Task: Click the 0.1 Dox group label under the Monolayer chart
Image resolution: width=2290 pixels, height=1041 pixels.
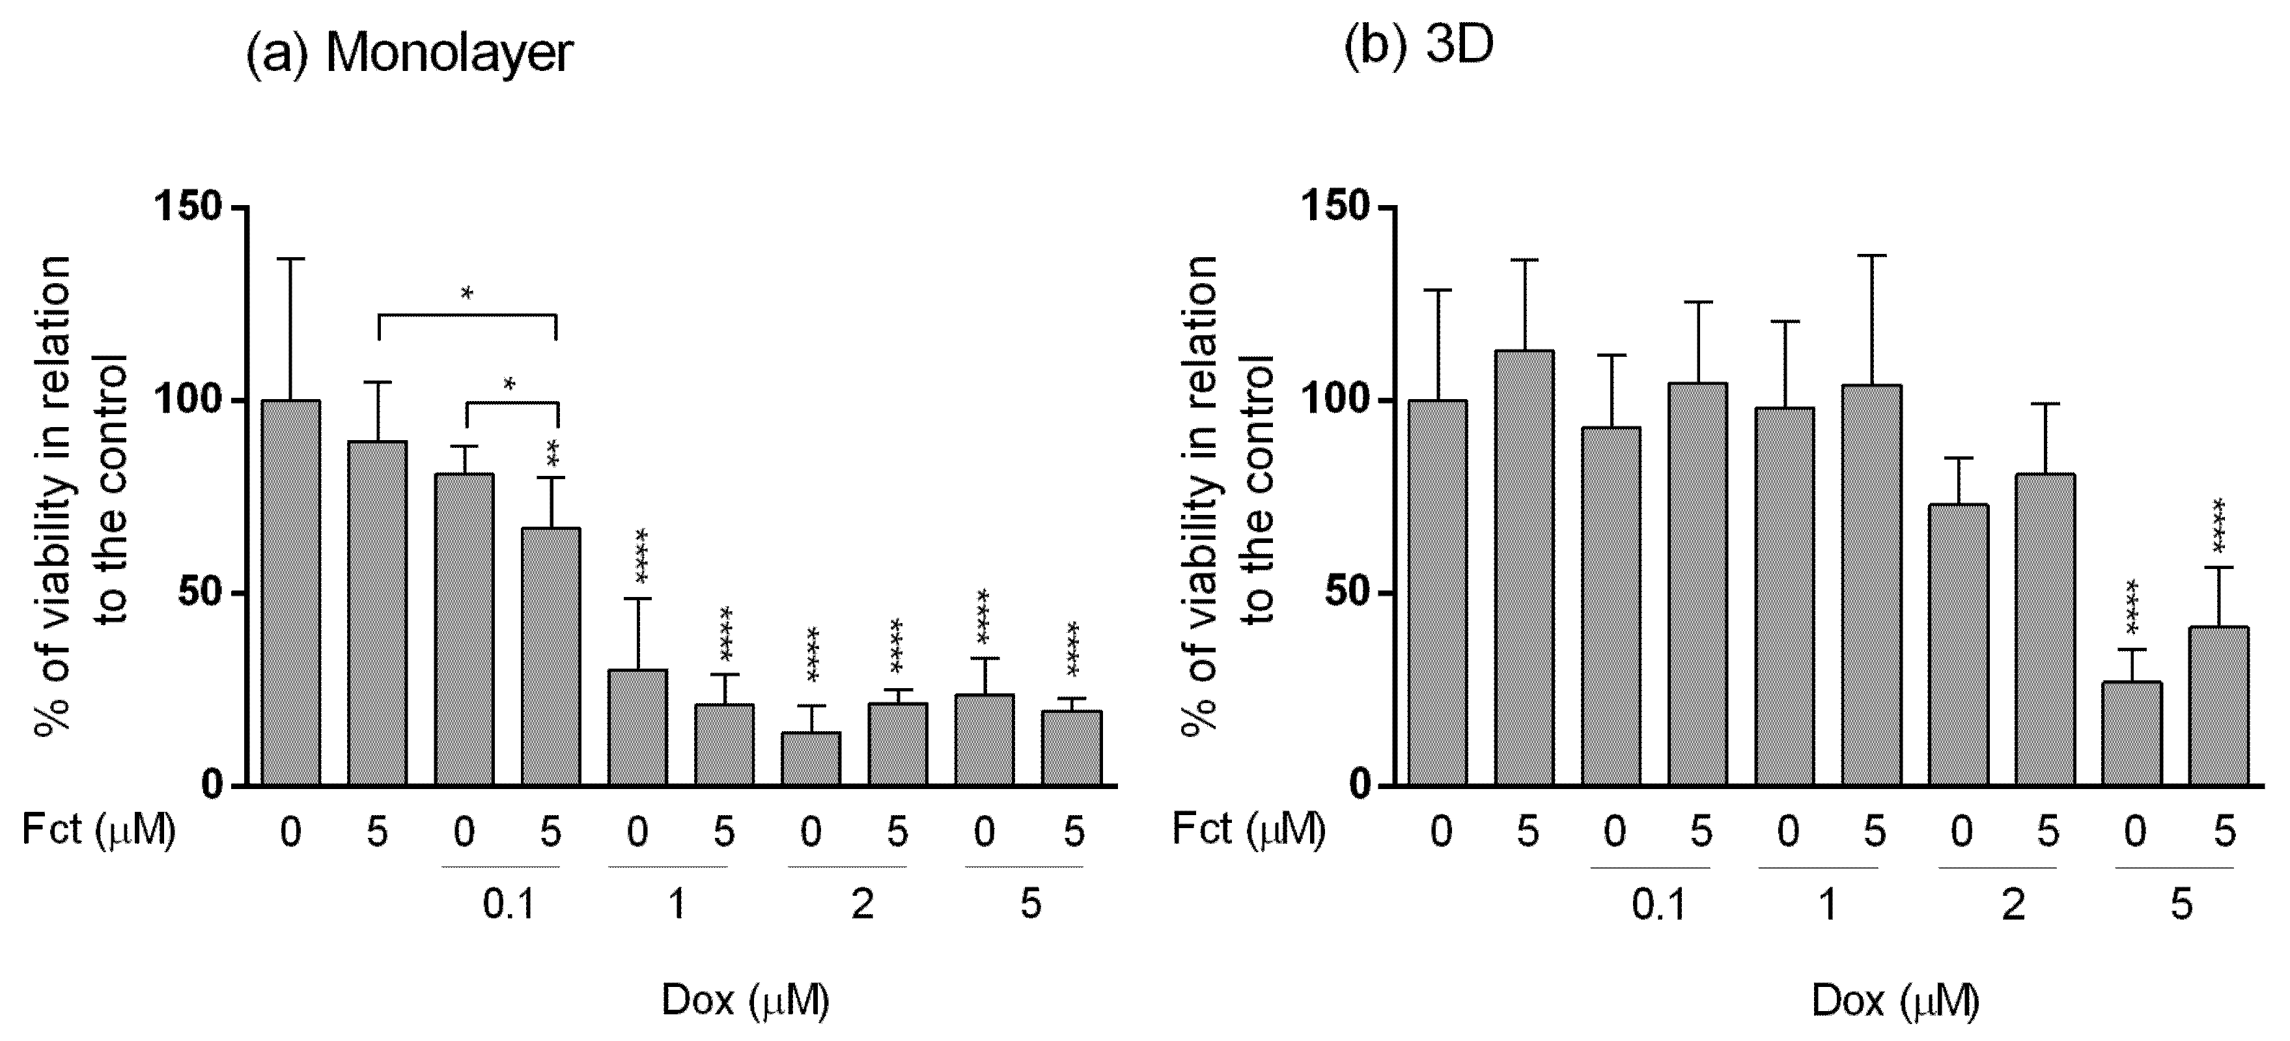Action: (509, 905)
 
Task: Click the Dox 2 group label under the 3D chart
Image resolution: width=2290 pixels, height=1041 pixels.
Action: (2013, 905)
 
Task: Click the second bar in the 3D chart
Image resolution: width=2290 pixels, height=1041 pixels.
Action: (1524, 569)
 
